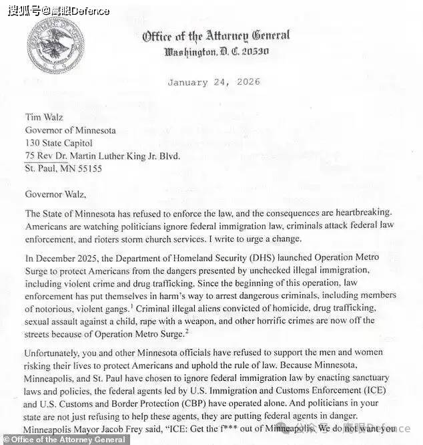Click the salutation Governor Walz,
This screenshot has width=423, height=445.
pyautogui.click(x=56, y=194)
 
